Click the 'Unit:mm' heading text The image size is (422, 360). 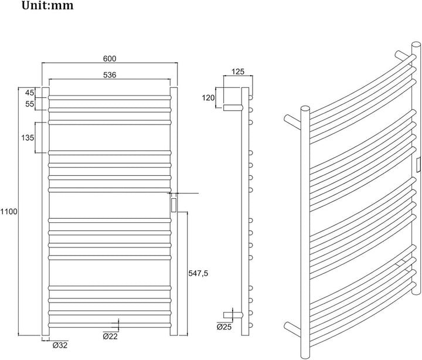47,5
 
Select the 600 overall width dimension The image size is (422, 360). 110,59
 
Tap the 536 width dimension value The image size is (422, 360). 110,74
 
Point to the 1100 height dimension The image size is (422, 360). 8,212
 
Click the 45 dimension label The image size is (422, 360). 30,93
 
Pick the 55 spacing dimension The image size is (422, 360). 30,104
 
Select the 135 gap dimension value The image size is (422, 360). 28,138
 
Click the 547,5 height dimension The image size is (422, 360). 198,274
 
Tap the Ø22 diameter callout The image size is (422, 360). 110,337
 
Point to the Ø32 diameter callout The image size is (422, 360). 60,345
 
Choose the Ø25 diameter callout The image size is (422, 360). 224,327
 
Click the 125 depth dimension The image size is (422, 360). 238,72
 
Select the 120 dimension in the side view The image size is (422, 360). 208,98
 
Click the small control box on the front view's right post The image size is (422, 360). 174,205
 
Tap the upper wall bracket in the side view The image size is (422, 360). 233,108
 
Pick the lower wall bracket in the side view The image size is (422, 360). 233,314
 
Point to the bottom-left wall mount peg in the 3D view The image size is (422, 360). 292,329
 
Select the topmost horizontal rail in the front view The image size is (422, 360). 110,97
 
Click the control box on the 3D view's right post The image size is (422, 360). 418,165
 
